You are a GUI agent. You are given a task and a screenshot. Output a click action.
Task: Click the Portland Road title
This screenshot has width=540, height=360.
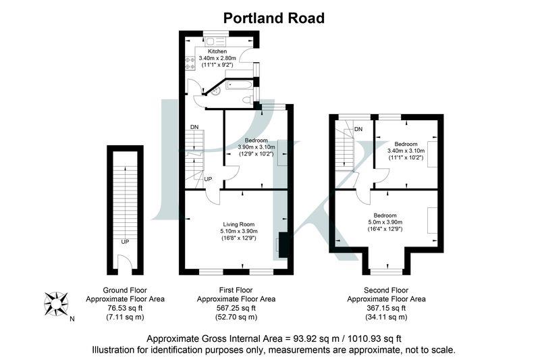point(274,18)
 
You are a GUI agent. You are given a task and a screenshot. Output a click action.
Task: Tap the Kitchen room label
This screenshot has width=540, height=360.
point(217,51)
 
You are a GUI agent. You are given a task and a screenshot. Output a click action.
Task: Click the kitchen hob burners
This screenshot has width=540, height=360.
point(190,63)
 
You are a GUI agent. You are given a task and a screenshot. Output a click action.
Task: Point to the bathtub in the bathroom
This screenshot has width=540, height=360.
point(239,86)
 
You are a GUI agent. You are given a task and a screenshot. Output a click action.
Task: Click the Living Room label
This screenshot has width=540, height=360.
point(238,224)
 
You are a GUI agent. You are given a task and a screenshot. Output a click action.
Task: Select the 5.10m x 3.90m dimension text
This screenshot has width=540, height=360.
point(240,232)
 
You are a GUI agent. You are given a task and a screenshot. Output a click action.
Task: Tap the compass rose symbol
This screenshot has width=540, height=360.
point(56,301)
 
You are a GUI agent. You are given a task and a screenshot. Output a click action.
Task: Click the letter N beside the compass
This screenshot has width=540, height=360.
point(72,319)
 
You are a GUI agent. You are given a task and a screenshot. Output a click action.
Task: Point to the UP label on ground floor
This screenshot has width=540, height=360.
point(125,241)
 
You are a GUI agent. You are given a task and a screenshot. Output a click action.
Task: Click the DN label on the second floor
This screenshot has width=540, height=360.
point(358,129)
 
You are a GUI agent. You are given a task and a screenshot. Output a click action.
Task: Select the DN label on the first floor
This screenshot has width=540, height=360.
point(194,127)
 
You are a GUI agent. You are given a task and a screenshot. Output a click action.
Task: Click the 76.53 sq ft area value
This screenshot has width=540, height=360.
point(125,307)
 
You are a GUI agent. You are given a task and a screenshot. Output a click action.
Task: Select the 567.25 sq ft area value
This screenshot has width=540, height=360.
point(236,307)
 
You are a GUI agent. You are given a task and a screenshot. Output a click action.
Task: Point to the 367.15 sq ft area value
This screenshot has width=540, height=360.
point(386,307)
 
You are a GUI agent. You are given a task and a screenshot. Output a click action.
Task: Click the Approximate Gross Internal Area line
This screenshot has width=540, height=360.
point(274,338)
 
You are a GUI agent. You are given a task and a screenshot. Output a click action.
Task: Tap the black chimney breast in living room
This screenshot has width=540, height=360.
point(283,245)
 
